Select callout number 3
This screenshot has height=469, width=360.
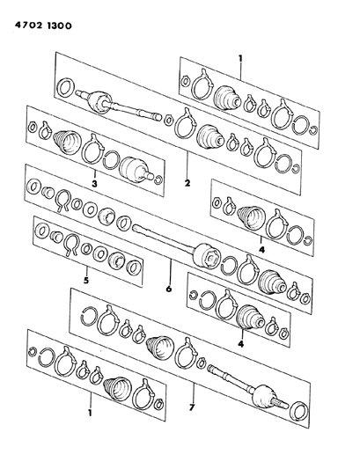click(x=93, y=186)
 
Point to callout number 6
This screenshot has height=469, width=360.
click(x=168, y=287)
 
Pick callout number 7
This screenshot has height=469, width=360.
click(x=191, y=407)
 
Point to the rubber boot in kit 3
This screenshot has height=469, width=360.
click(x=64, y=143)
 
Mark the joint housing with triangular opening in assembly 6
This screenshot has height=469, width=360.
click(x=208, y=256)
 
